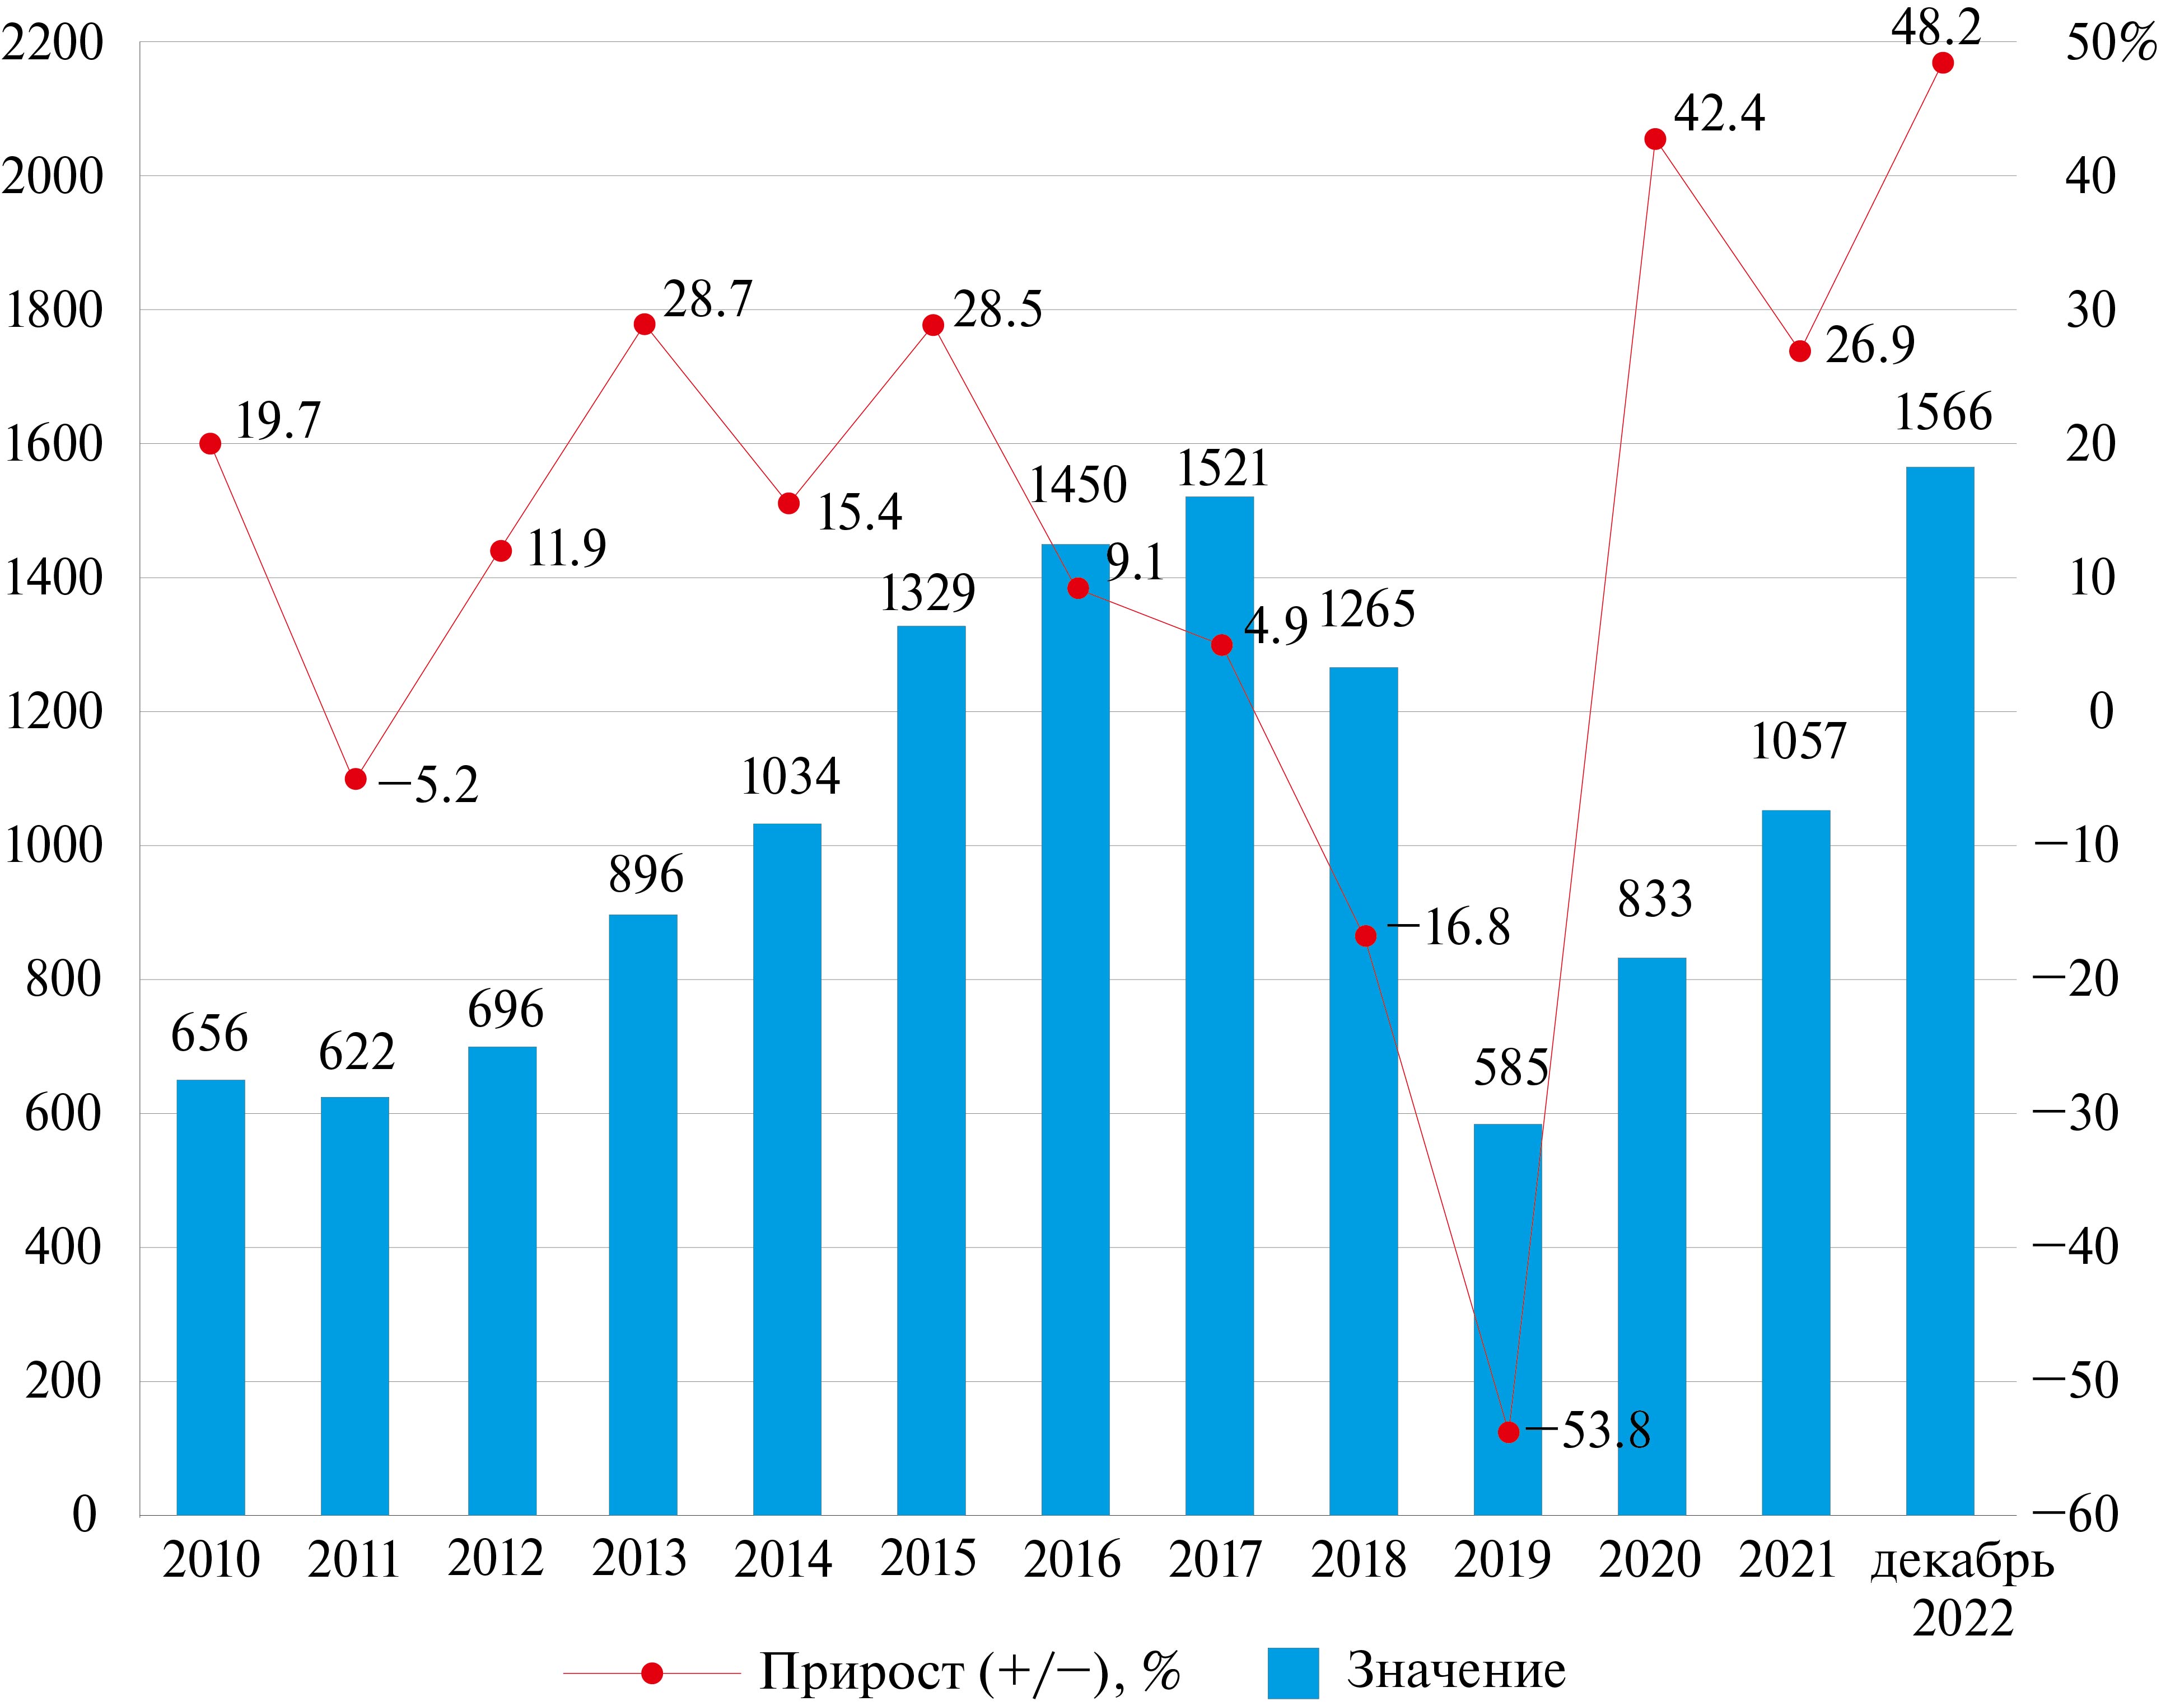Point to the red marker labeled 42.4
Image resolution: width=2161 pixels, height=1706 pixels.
pyautogui.click(x=1654, y=139)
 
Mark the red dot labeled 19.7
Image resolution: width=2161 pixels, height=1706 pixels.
pyautogui.click(x=210, y=443)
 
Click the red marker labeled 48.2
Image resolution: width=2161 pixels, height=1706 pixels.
pyautogui.click(x=1942, y=63)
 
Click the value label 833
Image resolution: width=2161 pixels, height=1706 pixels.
pyautogui.click(x=1654, y=899)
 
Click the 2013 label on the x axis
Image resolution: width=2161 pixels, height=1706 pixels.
pyautogui.click(x=640, y=1559)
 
